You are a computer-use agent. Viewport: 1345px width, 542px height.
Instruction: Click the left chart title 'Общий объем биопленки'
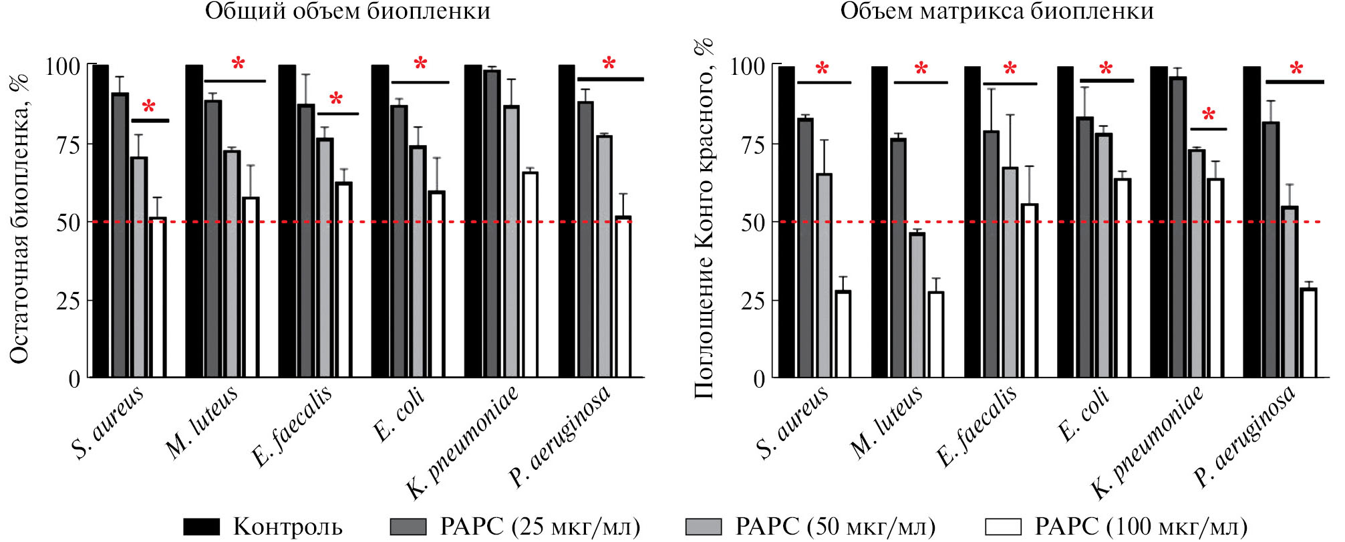click(347, 11)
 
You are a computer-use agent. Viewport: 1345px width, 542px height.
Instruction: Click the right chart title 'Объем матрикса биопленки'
click(997, 11)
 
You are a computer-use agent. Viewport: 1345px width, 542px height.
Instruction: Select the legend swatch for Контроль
click(201, 527)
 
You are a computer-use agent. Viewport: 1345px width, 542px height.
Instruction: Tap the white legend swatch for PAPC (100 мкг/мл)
click(1003, 527)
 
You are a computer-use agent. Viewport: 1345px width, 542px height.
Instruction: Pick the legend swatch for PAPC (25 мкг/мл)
click(408, 527)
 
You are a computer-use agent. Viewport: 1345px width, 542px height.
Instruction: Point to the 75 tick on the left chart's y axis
click(68, 144)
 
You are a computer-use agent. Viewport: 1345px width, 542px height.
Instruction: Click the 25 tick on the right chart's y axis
click(754, 301)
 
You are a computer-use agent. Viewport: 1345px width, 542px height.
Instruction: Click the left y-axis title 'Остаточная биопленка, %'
click(20, 221)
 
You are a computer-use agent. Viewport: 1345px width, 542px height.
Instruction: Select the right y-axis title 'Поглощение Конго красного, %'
click(704, 221)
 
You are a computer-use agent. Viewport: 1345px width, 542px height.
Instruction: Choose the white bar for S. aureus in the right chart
click(843, 334)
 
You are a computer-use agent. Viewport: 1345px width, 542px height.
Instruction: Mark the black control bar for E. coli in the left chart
click(380, 221)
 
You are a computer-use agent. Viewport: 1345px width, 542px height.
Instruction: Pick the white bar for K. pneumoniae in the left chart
click(530, 275)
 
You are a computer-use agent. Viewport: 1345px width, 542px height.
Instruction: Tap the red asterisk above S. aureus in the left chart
click(149, 107)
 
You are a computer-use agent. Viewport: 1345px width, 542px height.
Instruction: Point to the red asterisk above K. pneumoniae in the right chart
click(1208, 114)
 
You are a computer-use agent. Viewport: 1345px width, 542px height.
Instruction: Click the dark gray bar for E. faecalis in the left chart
click(306, 241)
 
